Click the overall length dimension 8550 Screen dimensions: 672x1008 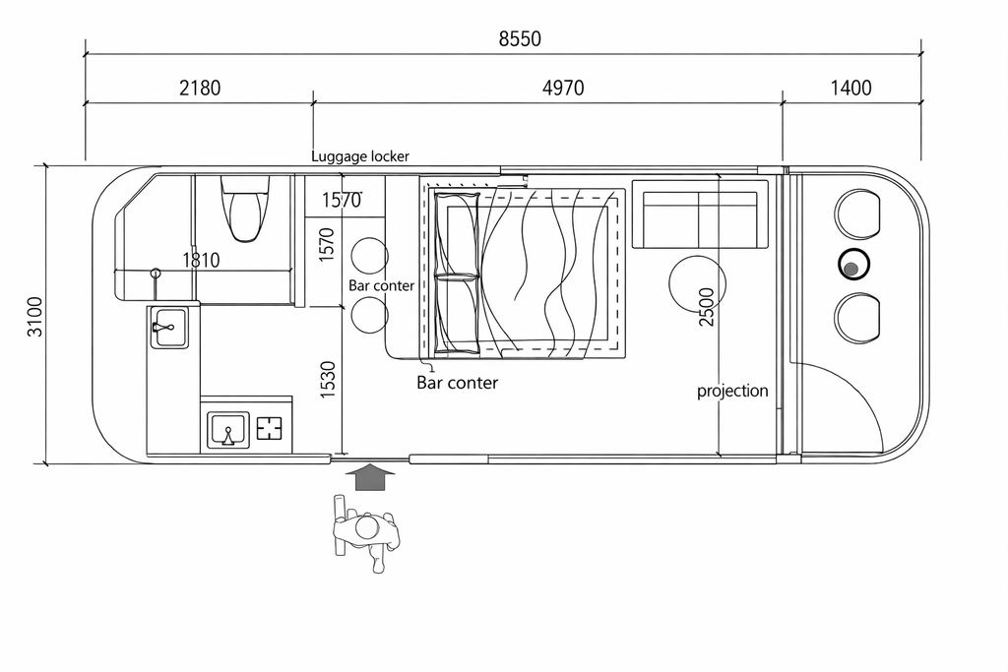coord(520,39)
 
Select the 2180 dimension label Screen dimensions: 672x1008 coord(200,88)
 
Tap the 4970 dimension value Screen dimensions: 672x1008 coord(563,88)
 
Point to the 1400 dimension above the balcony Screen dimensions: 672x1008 coord(850,88)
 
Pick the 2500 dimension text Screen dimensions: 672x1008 coord(706,307)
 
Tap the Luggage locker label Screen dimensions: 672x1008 coord(360,156)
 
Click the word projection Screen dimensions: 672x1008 coord(732,391)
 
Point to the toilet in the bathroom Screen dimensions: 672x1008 coord(243,208)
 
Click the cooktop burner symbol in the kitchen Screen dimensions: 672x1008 coord(269,429)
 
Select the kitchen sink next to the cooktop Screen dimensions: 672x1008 coord(228,430)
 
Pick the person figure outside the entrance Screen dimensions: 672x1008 coord(366,534)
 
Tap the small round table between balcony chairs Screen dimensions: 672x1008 coord(853,265)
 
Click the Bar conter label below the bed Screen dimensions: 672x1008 coord(458,383)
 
